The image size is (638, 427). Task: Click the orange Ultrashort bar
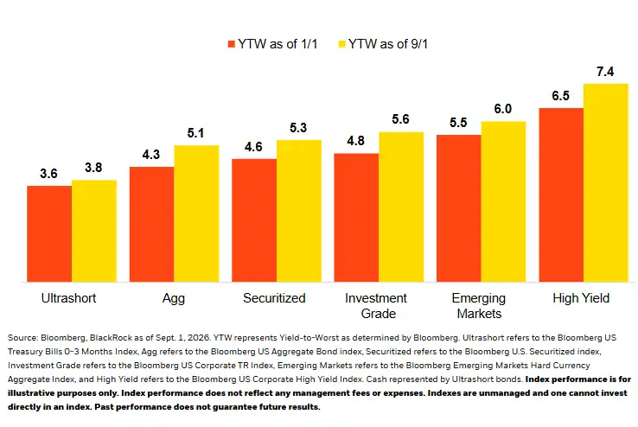point(49,234)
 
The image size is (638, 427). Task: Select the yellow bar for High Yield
point(606,182)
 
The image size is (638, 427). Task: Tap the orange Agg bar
point(152,224)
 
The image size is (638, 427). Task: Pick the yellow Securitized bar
point(299,211)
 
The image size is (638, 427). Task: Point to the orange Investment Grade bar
point(356,218)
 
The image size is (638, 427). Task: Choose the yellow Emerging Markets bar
point(503,201)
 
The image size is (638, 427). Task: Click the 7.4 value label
point(605,72)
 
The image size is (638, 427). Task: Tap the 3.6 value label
point(48,174)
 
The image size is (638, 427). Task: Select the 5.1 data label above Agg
point(195,133)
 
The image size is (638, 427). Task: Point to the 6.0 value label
point(503,109)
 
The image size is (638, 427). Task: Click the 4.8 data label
point(355,141)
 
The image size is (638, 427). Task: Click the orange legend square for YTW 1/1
point(232,44)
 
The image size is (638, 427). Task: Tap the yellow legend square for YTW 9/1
point(342,44)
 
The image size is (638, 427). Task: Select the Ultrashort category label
point(69,298)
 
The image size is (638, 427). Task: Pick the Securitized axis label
point(274,298)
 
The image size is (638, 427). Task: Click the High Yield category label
point(581,298)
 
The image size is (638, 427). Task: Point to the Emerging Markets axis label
point(479,306)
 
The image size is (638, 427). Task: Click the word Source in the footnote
point(22,337)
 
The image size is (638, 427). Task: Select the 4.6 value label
point(253,147)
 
